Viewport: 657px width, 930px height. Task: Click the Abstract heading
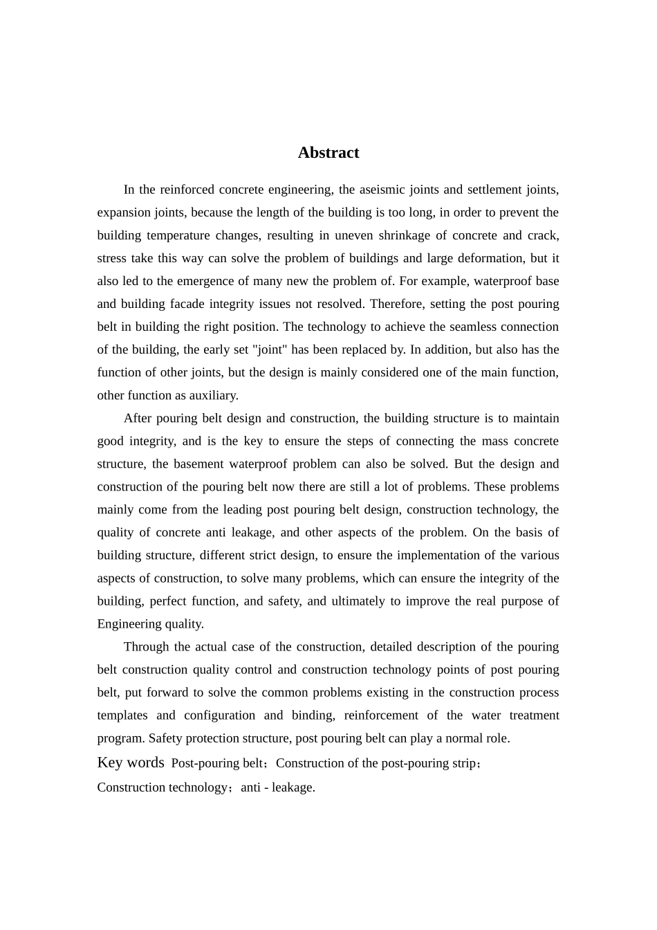pos(328,153)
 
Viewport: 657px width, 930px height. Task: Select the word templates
pos(122,715)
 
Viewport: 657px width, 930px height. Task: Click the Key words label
pos(131,763)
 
